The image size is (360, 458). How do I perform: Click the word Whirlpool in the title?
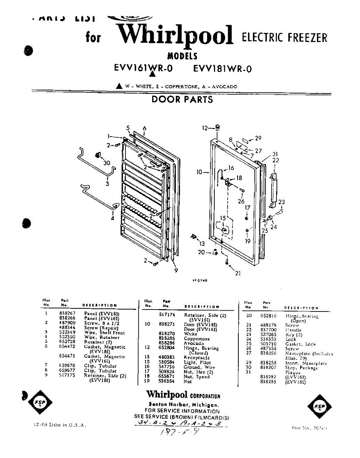(175, 35)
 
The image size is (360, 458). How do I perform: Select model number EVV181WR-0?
(223, 69)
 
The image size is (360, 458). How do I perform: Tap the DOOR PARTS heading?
(182, 100)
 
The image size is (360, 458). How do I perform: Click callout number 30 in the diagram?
(106, 163)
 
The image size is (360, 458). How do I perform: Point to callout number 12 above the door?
(204, 128)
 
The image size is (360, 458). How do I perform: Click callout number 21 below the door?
(238, 273)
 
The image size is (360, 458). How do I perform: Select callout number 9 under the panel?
(176, 271)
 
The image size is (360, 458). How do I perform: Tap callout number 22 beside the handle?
(275, 160)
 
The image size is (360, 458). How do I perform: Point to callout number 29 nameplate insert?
(258, 138)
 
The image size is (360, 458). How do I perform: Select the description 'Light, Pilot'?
(197, 362)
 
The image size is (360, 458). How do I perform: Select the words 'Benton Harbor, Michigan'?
(183, 405)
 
